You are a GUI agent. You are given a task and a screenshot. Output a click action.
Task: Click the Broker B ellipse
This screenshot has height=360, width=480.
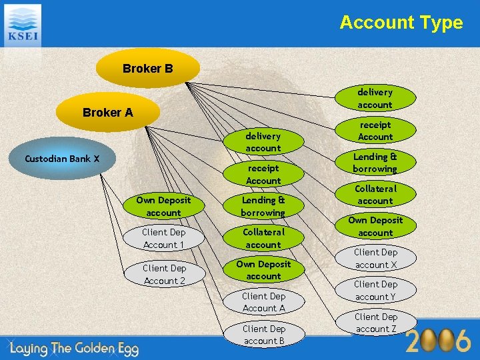[x=148, y=69]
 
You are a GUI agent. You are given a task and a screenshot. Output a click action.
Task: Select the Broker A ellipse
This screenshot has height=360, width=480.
[x=108, y=113]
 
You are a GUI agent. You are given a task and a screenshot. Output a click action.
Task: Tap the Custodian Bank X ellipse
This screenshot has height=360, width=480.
[x=62, y=159]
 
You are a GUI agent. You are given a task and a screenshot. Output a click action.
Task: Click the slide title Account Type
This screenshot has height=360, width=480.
[x=401, y=22]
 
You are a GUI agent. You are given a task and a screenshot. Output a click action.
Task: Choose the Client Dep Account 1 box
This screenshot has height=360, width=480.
[x=163, y=239]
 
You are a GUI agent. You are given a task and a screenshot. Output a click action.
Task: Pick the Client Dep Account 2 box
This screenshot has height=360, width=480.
[x=164, y=274]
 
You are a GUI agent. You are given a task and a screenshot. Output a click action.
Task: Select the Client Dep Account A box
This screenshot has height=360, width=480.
[x=263, y=302]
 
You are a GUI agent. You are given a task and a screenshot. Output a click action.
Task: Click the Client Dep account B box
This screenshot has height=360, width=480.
[x=263, y=335]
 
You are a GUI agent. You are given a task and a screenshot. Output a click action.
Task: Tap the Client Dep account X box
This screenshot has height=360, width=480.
[x=375, y=259]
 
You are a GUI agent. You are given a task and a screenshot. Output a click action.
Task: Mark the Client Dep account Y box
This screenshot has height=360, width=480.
[x=375, y=291]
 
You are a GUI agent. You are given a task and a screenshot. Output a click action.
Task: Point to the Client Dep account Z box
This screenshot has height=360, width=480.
[x=375, y=323]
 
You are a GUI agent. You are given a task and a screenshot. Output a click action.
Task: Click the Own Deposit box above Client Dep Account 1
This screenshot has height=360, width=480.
[x=163, y=206]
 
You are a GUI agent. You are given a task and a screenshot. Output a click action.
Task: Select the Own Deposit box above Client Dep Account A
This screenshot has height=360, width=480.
[x=263, y=270]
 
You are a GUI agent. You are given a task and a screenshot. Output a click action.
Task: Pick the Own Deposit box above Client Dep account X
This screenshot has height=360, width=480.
[x=375, y=226]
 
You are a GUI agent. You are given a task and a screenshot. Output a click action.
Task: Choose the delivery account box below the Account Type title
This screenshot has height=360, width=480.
[x=375, y=98]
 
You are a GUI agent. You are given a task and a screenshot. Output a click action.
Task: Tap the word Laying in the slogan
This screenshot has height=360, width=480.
[x=33, y=346]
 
